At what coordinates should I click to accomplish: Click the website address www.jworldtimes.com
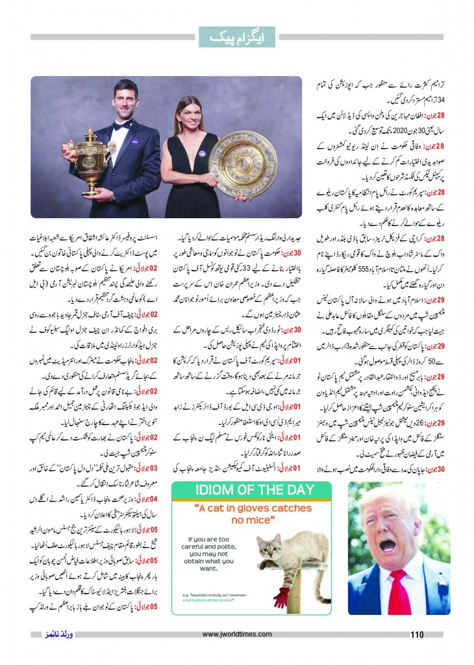coord(236,634)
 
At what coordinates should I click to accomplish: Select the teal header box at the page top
coord(236,38)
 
